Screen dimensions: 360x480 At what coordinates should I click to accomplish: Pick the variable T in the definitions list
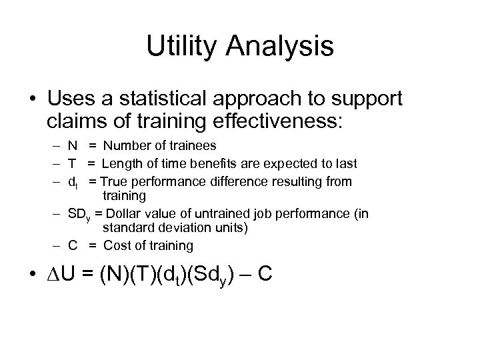[x=71, y=164]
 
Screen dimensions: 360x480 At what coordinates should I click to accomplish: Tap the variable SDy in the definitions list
[x=79, y=214]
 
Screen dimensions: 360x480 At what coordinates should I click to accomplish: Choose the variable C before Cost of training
[x=72, y=245]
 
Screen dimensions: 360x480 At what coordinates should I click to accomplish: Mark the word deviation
[x=173, y=229]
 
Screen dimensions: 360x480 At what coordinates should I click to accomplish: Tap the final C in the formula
[x=263, y=275]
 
